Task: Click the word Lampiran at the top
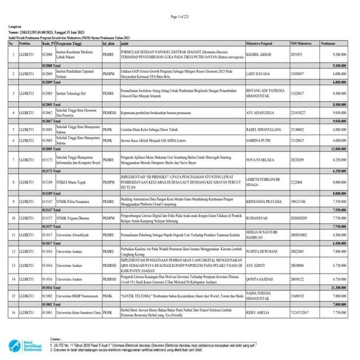[x=17, y=26]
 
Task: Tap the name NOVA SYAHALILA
[x=260, y=161]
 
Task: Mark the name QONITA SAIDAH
[x=259, y=278]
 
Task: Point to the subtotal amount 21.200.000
[x=334, y=287]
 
